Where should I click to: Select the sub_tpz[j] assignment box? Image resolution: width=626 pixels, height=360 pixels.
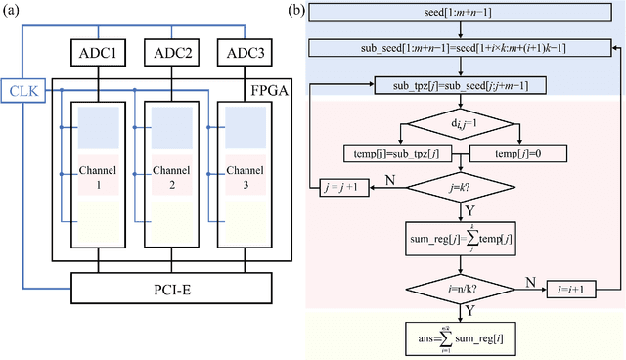458,86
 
